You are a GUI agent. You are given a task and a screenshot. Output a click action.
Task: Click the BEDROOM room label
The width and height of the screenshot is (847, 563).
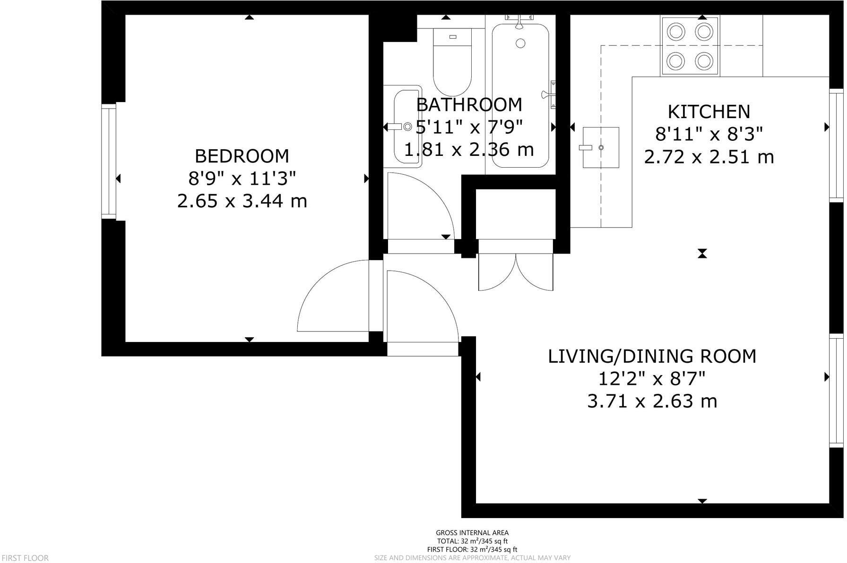[242, 156]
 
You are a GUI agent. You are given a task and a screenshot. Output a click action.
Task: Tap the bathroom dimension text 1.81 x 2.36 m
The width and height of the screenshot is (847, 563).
[469, 150]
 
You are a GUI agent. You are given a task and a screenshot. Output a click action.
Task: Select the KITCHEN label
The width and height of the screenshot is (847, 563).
[709, 112]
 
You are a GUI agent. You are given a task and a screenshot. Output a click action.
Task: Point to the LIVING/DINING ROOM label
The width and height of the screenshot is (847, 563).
[652, 356]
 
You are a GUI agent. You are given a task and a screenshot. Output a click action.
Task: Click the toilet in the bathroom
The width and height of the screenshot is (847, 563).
[452, 61]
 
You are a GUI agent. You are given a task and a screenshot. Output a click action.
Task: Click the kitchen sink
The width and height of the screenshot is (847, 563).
[600, 147]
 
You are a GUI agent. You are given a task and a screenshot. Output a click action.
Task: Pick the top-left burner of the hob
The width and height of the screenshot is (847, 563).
[676, 32]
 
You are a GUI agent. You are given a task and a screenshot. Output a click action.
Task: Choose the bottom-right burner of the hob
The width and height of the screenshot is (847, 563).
[704, 60]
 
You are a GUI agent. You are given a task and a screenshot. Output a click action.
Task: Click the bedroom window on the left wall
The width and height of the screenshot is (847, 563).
[109, 161]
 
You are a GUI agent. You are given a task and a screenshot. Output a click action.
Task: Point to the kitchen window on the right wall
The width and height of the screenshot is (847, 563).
[837, 145]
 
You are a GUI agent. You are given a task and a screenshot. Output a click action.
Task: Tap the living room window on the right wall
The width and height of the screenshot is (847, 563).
[837, 390]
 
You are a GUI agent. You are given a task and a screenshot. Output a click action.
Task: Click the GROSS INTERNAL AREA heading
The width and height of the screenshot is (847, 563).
[472, 533]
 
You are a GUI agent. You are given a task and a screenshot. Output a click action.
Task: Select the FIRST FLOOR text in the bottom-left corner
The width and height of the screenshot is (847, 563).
[25, 558]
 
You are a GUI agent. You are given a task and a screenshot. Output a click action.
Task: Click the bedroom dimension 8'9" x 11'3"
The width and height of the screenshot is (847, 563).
[242, 179]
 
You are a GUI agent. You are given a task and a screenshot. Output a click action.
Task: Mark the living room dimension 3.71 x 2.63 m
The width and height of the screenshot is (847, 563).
[652, 401]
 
